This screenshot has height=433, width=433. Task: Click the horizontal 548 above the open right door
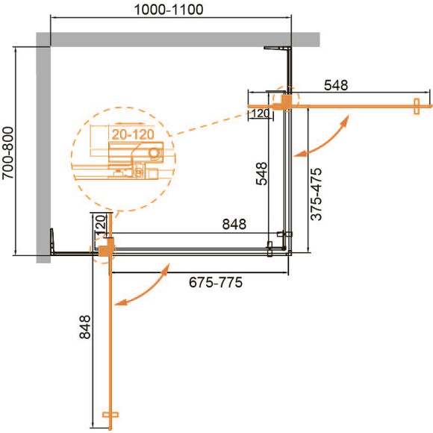point(336,86)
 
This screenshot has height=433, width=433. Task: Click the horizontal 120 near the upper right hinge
point(260,113)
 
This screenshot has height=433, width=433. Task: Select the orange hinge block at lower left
point(105,247)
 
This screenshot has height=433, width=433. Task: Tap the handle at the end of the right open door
point(415,106)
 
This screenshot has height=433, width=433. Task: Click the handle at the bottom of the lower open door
point(110,414)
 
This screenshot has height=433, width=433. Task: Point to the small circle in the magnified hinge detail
point(154,153)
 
